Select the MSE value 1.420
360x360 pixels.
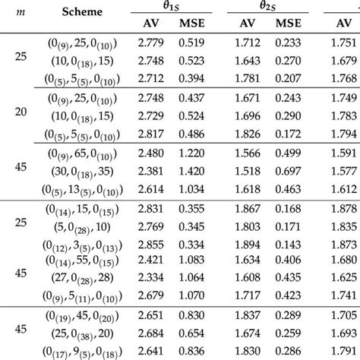(x=191, y=172)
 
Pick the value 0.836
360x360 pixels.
(x=191, y=350)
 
